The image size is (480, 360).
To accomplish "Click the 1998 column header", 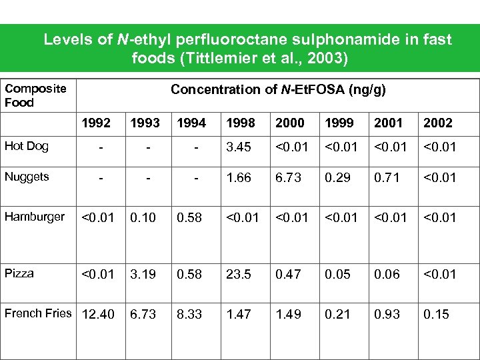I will point(239,123).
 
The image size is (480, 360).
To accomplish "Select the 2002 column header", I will point(437,123).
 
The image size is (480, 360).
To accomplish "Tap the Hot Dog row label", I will point(27,146).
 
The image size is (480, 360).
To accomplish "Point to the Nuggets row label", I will point(27,176).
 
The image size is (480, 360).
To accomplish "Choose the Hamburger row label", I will point(35,216).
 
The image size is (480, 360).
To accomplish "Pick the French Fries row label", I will point(38,313).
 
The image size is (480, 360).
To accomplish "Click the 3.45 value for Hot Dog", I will point(239,147).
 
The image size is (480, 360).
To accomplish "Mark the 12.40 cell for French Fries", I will point(97,314).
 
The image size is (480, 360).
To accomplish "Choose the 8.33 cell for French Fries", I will point(189,314).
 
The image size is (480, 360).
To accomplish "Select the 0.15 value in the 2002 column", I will point(436,314).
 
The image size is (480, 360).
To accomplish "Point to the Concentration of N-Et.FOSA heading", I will point(278,89).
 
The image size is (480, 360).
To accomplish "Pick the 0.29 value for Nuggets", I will point(337,177).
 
